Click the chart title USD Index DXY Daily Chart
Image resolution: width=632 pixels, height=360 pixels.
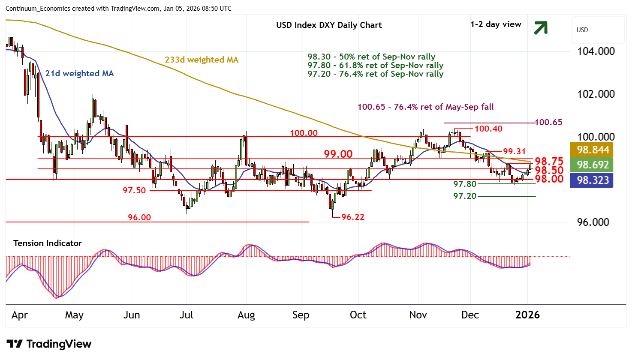(329, 25)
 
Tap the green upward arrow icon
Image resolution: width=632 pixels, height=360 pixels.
(541, 28)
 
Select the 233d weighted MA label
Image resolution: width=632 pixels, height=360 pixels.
(202, 60)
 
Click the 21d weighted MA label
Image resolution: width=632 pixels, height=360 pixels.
(79, 74)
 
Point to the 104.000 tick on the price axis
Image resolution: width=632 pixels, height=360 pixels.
(596, 51)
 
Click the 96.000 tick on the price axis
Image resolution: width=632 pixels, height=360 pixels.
(593, 222)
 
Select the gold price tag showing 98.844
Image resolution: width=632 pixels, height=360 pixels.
(593, 150)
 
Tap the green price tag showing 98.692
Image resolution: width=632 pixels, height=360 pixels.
(593, 165)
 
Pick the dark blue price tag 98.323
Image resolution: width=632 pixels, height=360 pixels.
(593, 180)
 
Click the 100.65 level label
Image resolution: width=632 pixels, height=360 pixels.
(548, 123)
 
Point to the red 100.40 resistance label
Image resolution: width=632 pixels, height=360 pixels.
(488, 129)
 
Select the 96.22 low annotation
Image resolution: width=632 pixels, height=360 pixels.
(352, 217)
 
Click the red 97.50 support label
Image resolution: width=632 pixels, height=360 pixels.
(134, 190)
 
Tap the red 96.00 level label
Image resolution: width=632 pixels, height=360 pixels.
(139, 218)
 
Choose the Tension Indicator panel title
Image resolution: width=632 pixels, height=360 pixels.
(48, 243)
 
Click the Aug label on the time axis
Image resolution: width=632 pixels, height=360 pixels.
(246, 315)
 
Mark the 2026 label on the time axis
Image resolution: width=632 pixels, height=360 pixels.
(527, 315)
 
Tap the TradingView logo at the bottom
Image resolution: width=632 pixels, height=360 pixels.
(49, 344)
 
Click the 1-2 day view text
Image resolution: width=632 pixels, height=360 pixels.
(496, 24)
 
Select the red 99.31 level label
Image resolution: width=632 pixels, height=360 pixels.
(514, 151)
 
